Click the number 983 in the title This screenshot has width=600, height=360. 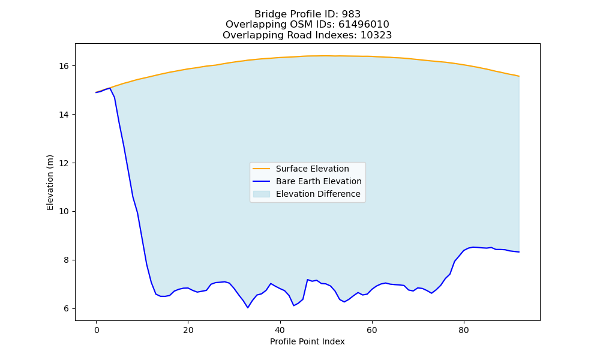pos(351,14)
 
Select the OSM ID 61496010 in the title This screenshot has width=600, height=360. pos(364,25)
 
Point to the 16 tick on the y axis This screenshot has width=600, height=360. pos(64,66)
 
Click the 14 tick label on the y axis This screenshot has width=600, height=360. pos(64,115)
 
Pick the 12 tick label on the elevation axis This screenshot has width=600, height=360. pos(64,163)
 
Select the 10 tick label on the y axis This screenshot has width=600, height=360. pos(64,212)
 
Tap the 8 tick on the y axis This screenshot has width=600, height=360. pos(66,260)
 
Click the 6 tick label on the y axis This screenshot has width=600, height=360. pos(66,309)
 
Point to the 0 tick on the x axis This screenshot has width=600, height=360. pos(97,330)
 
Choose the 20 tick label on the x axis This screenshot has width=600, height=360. pos(188,330)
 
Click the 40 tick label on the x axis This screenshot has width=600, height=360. pos(280,330)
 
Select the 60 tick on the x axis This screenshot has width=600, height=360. pos(372,330)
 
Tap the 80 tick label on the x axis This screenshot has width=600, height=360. pos(464,330)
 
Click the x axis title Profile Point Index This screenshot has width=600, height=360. pos(307,341)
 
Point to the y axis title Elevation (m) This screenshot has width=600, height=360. pos(50,182)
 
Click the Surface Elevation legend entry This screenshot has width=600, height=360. pos(301,169)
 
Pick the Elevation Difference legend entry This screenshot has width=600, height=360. pos(307,194)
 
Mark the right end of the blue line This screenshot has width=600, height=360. pos(519,252)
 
